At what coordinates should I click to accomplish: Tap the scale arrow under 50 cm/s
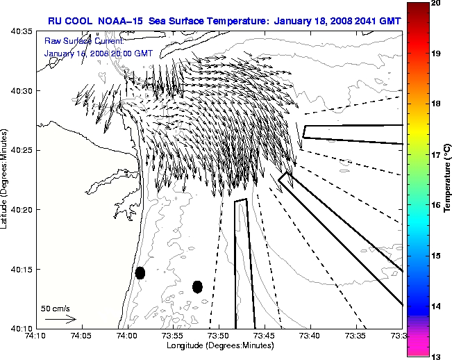60,319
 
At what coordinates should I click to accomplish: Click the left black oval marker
140,272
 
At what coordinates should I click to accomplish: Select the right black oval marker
197,286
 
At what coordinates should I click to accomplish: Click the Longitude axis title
219,346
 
